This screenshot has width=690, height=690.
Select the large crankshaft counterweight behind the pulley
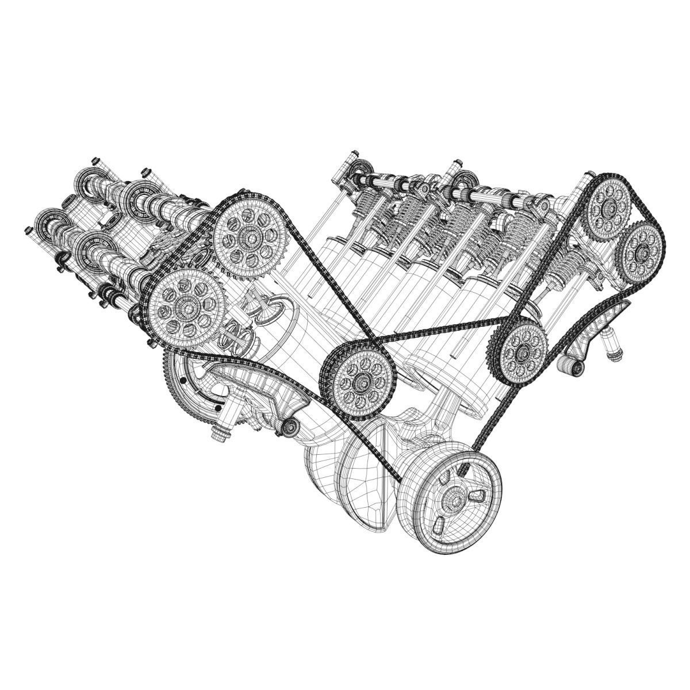(345, 477)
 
